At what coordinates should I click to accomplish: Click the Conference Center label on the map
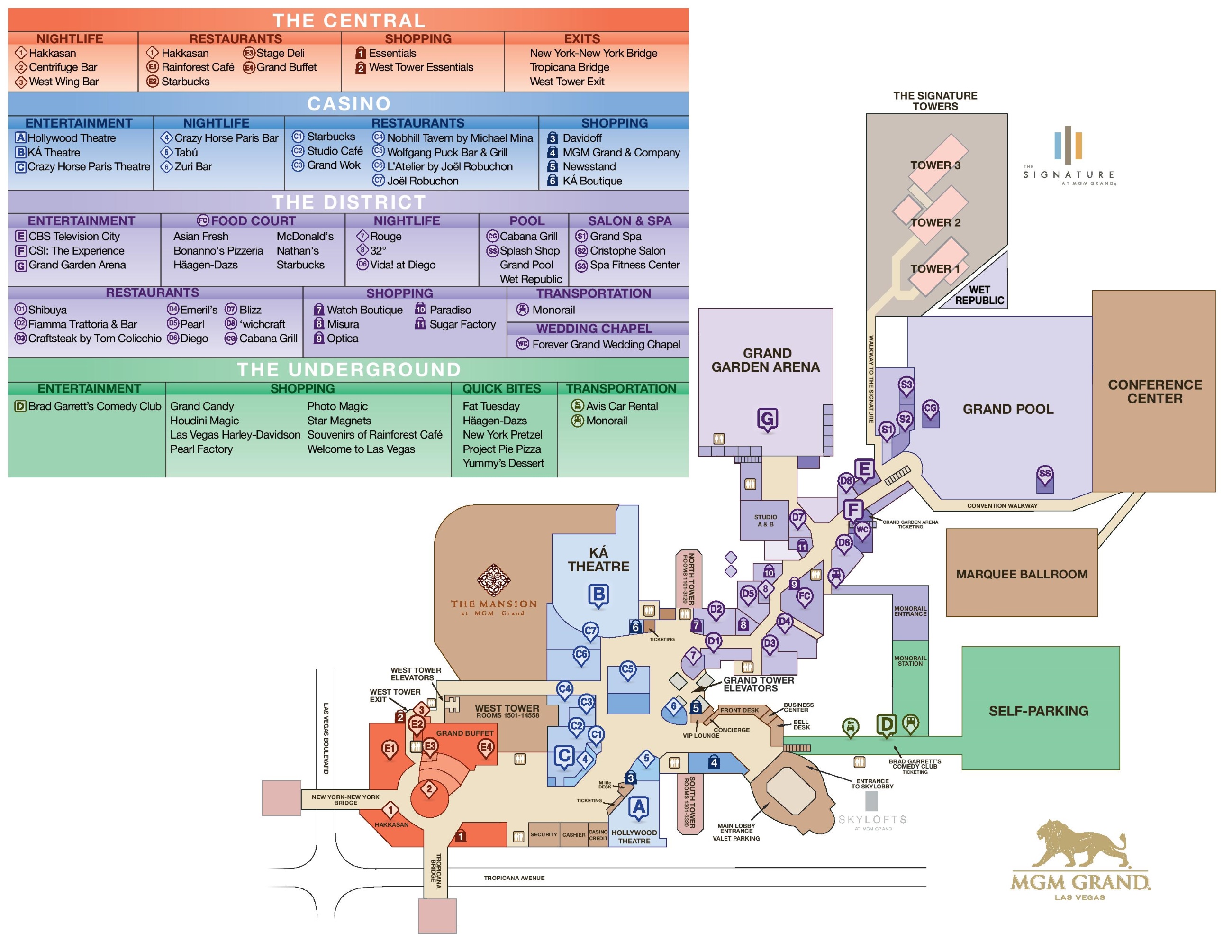coord(1154,391)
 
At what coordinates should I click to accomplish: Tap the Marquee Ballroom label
coord(1022,574)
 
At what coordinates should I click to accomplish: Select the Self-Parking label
coord(1038,711)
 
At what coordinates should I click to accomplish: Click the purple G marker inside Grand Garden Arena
coord(767,419)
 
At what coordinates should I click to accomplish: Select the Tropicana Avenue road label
coord(514,878)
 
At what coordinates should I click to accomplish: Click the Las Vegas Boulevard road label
coord(326,739)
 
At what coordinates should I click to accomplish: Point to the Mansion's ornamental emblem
coord(493,580)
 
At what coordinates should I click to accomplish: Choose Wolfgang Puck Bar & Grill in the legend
coord(447,152)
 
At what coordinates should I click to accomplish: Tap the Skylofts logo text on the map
coord(872,819)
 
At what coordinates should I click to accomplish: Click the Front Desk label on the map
coord(739,710)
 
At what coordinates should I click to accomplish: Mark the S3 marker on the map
coord(906,385)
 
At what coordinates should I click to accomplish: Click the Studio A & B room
coord(765,520)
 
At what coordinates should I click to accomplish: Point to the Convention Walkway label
coord(1002,505)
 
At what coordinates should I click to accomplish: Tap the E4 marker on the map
coord(486,748)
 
